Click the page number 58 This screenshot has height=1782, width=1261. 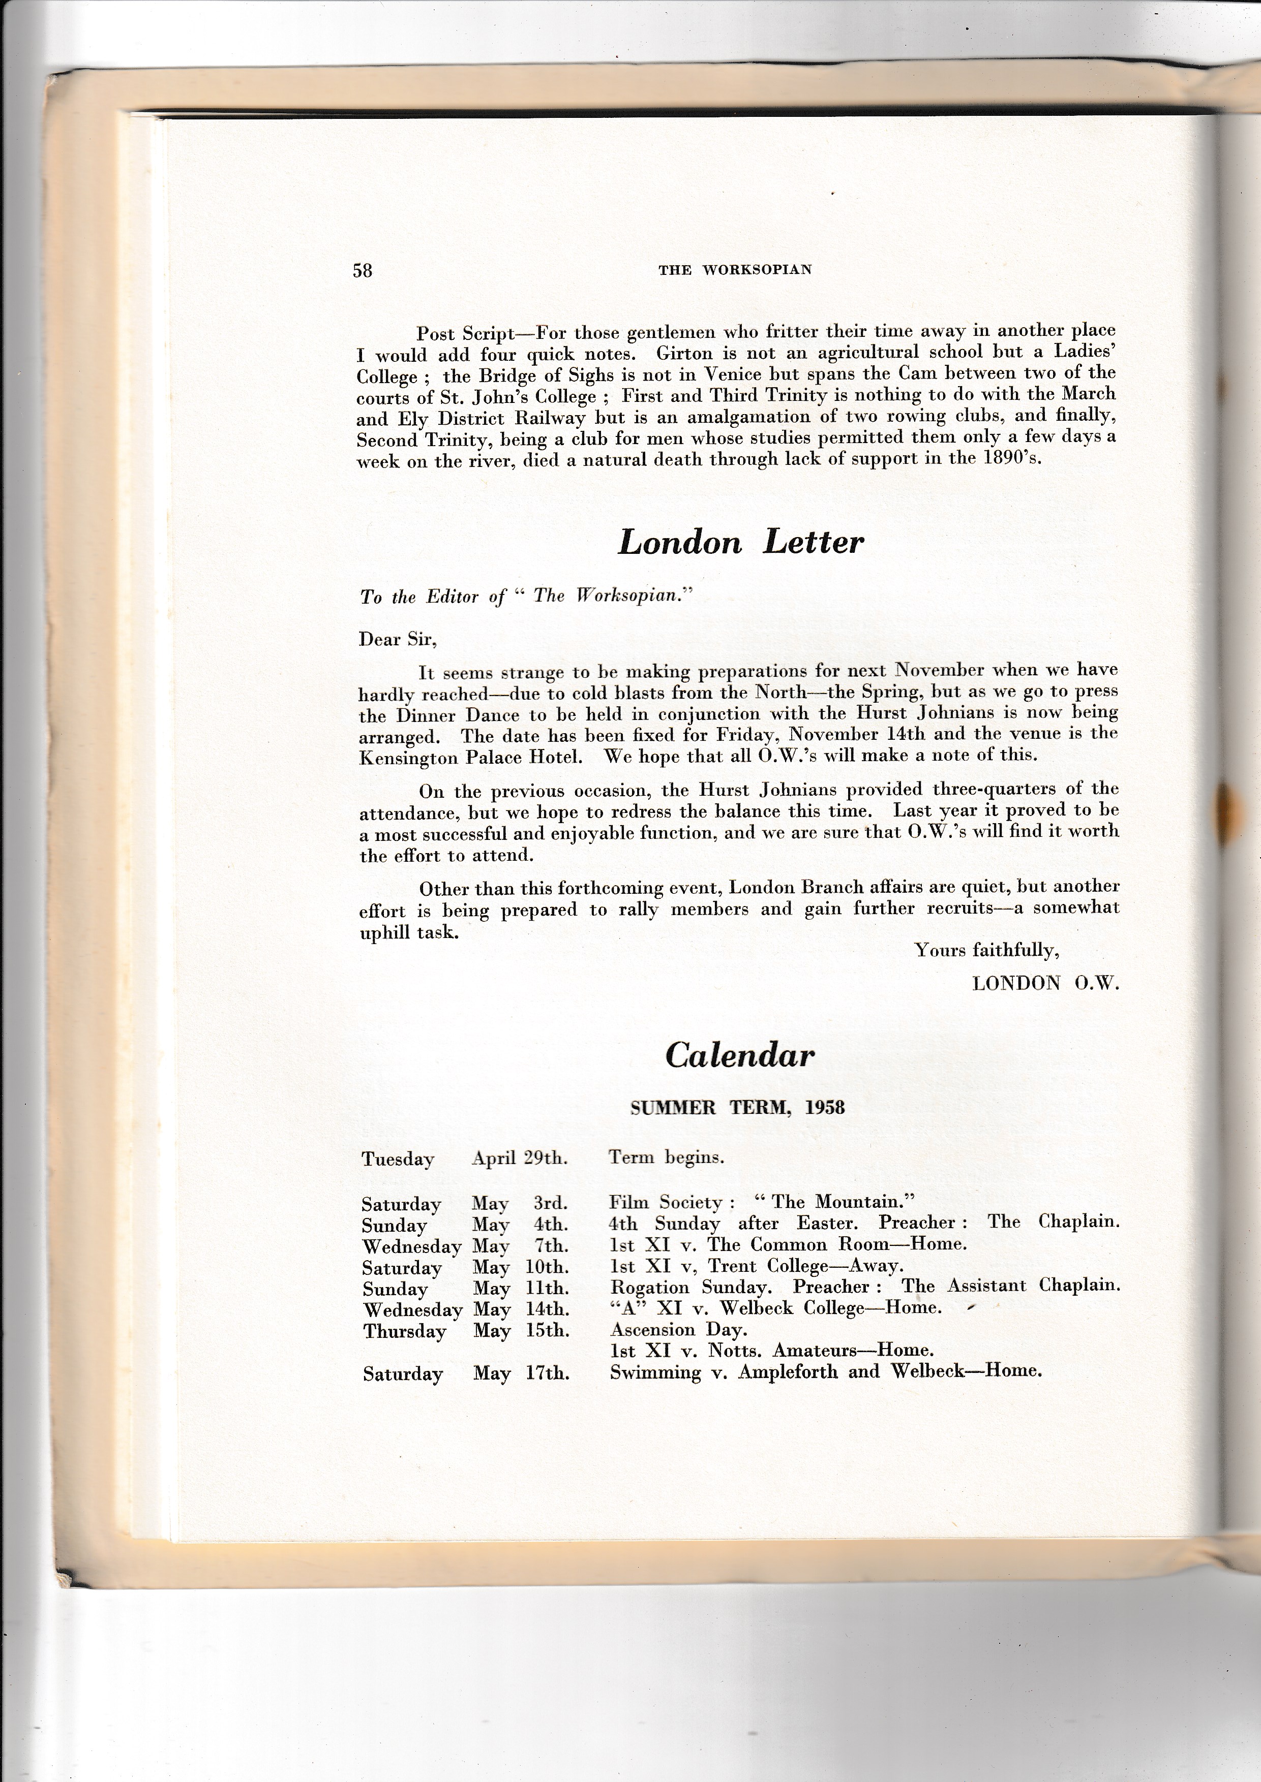(363, 270)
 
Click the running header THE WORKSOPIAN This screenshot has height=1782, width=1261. (735, 270)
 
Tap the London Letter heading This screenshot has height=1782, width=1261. (740, 542)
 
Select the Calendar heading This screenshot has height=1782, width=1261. (739, 1055)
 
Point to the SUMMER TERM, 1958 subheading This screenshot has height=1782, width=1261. (737, 1108)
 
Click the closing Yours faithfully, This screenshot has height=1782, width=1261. (986, 950)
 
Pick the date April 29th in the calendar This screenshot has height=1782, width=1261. (520, 1159)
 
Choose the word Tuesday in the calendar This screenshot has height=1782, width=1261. (398, 1160)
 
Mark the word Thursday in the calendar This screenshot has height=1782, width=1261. (405, 1331)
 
